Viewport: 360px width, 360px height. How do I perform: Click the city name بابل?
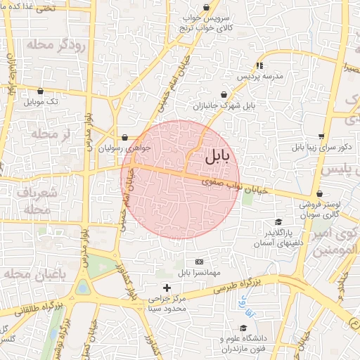pyautogui.click(x=217, y=157)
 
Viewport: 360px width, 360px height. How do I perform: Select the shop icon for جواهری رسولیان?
pyautogui.click(x=124, y=137)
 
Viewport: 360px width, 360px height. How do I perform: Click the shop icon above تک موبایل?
pyautogui.click(x=40, y=91)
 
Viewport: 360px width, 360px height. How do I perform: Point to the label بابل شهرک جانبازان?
pyautogui.click(x=223, y=107)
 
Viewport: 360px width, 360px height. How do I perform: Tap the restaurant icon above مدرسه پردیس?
pyautogui.click(x=259, y=65)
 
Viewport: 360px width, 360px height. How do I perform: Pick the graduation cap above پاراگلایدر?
pyautogui.click(x=279, y=222)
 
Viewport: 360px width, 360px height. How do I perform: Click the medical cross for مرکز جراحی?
pyautogui.click(x=167, y=288)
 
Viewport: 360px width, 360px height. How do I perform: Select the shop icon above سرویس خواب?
pyautogui.click(x=206, y=8)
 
